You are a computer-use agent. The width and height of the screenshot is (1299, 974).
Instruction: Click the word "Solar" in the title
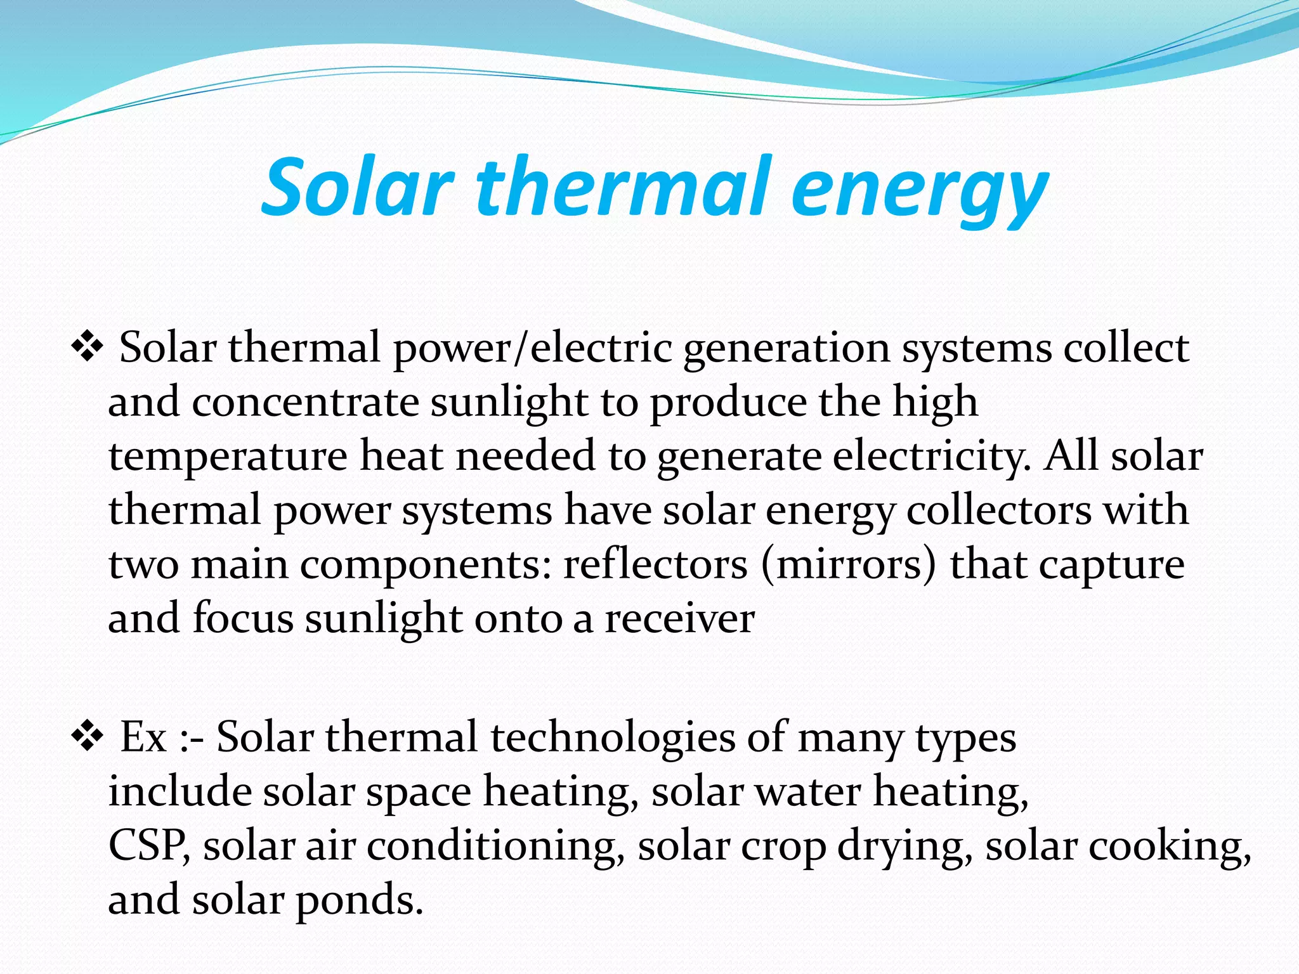click(x=357, y=188)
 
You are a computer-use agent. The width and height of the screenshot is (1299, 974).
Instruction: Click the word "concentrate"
click(x=305, y=402)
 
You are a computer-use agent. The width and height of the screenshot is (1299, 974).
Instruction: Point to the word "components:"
click(x=426, y=566)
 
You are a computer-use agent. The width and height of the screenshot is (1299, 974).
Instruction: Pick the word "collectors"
click(x=999, y=510)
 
